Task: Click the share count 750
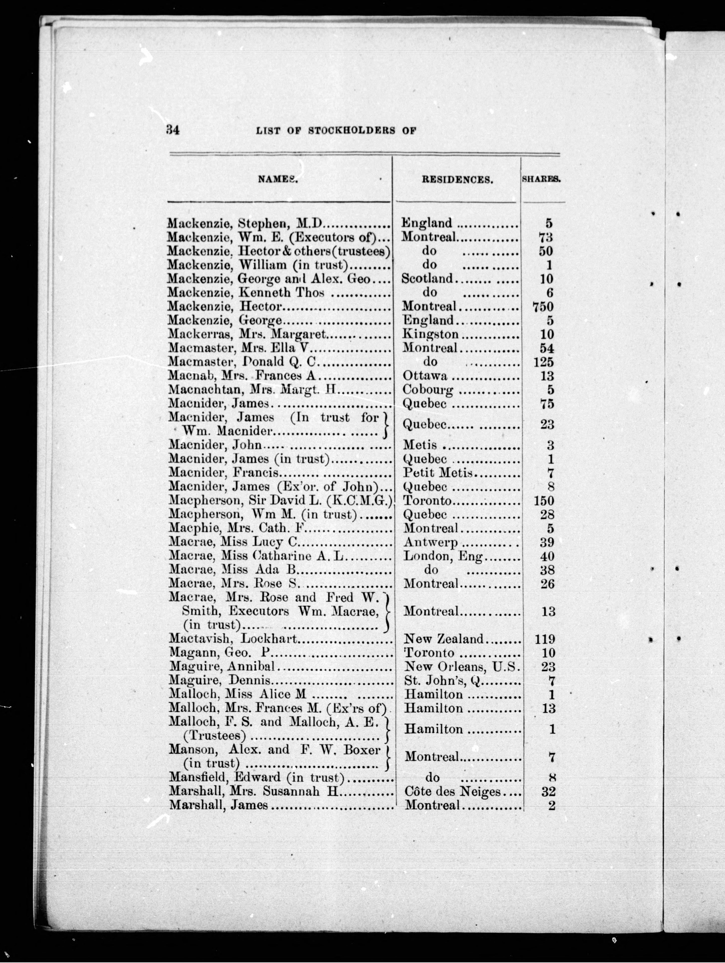point(543,307)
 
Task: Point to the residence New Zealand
point(444,639)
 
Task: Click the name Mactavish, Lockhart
point(233,639)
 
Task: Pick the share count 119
point(544,639)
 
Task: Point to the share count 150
point(543,501)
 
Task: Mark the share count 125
point(543,362)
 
